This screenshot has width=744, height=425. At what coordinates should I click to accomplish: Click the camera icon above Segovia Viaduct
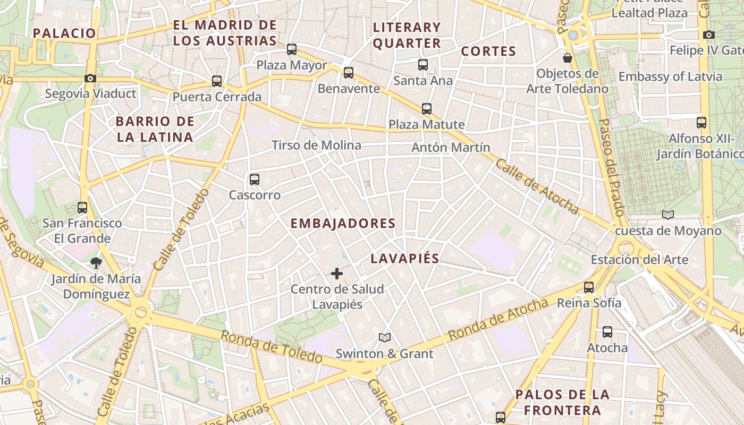click(x=90, y=79)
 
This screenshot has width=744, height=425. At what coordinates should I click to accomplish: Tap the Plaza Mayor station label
click(x=292, y=65)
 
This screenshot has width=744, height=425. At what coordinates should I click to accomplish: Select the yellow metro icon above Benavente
click(x=349, y=73)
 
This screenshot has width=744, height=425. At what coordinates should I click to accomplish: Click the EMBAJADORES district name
click(x=343, y=224)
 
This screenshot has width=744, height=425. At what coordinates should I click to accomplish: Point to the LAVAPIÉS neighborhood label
click(x=405, y=259)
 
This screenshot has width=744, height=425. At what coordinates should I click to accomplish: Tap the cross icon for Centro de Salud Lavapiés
click(x=337, y=274)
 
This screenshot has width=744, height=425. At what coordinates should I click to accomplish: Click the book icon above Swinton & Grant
click(x=385, y=337)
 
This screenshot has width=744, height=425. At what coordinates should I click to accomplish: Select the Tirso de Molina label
click(x=316, y=145)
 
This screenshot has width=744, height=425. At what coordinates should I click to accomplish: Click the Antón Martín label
click(x=451, y=147)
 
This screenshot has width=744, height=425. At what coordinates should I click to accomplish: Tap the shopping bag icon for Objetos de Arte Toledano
click(x=568, y=58)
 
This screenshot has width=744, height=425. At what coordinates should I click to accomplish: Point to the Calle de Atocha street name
click(x=537, y=186)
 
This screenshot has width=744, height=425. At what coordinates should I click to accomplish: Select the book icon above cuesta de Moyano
click(x=668, y=215)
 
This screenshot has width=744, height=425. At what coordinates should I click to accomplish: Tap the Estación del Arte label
click(x=639, y=260)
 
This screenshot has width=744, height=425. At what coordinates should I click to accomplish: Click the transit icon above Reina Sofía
click(x=589, y=287)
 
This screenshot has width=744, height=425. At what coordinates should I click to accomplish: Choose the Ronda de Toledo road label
click(x=271, y=347)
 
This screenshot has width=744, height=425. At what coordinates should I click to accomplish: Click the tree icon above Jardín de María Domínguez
click(x=96, y=262)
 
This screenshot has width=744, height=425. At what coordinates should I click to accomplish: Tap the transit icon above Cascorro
click(x=255, y=180)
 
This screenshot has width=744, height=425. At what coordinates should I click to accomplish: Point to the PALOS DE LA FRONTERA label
click(x=562, y=402)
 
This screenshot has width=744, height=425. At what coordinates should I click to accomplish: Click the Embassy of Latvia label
click(x=670, y=76)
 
